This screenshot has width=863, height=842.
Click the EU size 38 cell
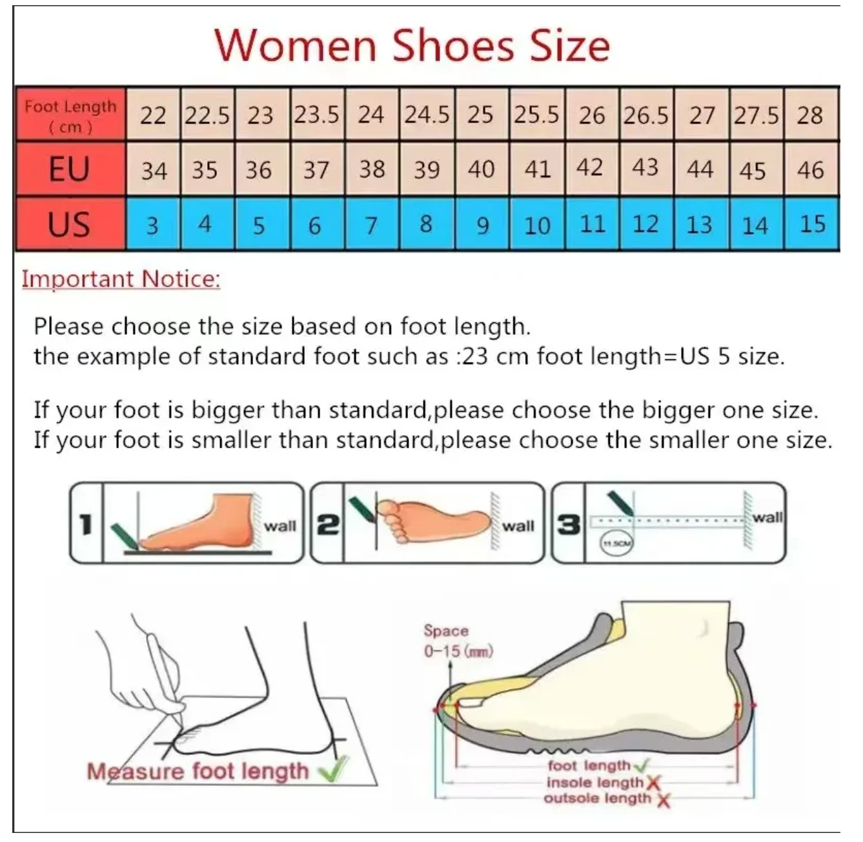coord(372,169)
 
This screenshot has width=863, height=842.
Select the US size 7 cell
coord(372,224)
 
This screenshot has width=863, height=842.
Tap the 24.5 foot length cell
coord(427,114)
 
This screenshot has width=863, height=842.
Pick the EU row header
coord(70,169)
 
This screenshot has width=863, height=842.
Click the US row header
coord(70,224)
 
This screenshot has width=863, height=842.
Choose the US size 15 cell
coord(811,224)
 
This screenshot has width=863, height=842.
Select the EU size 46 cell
coord(811,169)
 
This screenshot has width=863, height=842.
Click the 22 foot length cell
coord(153,114)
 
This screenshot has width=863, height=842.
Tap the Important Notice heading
coord(121,279)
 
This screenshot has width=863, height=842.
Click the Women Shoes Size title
coord(412,46)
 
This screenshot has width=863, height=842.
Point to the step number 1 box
coord(86,523)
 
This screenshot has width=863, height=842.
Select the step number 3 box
coord(568,523)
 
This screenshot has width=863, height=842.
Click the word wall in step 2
coord(518,526)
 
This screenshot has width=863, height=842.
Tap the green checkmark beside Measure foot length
coord(334,770)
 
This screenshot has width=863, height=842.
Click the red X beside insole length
coord(653,783)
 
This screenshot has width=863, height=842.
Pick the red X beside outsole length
coord(664,799)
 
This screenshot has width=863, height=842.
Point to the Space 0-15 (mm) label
coord(458,641)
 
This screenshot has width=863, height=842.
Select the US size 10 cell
coord(536,224)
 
